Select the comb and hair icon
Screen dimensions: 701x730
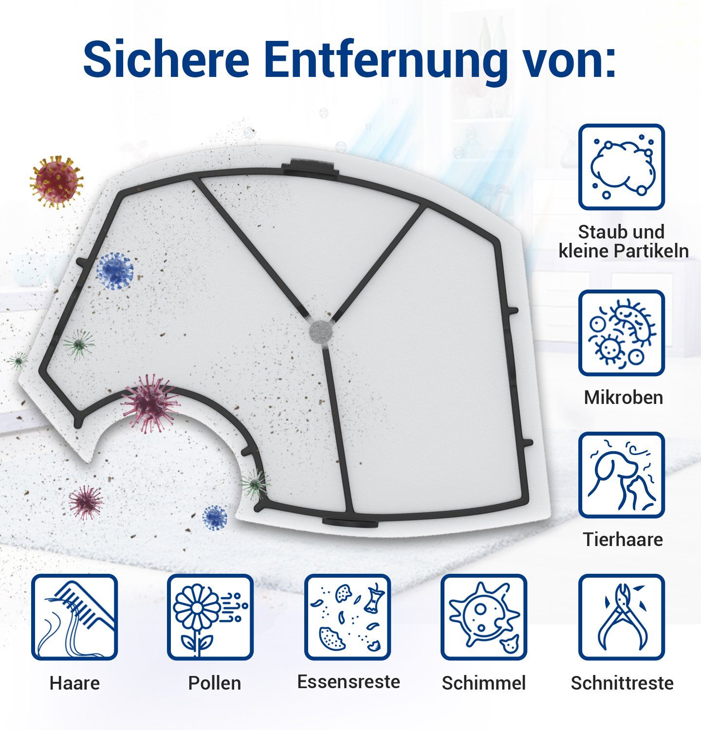coord(74,617)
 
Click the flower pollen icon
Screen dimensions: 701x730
coord(210,617)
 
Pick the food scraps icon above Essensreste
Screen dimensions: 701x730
coord(348,617)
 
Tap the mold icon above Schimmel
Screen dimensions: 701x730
coord(484,617)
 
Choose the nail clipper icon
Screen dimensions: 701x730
coord(622,617)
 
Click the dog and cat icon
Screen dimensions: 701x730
coord(622,475)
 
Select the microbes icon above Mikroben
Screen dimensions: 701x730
coord(622,333)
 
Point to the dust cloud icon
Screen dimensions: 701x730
coord(622,167)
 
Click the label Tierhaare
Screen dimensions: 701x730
coord(623,539)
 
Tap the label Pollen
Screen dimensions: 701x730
coord(215,683)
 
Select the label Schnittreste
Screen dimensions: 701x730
coord(622,683)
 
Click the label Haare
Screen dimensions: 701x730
coord(74,683)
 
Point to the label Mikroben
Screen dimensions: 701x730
coord(623,397)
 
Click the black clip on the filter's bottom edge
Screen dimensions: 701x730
coord(349,523)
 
